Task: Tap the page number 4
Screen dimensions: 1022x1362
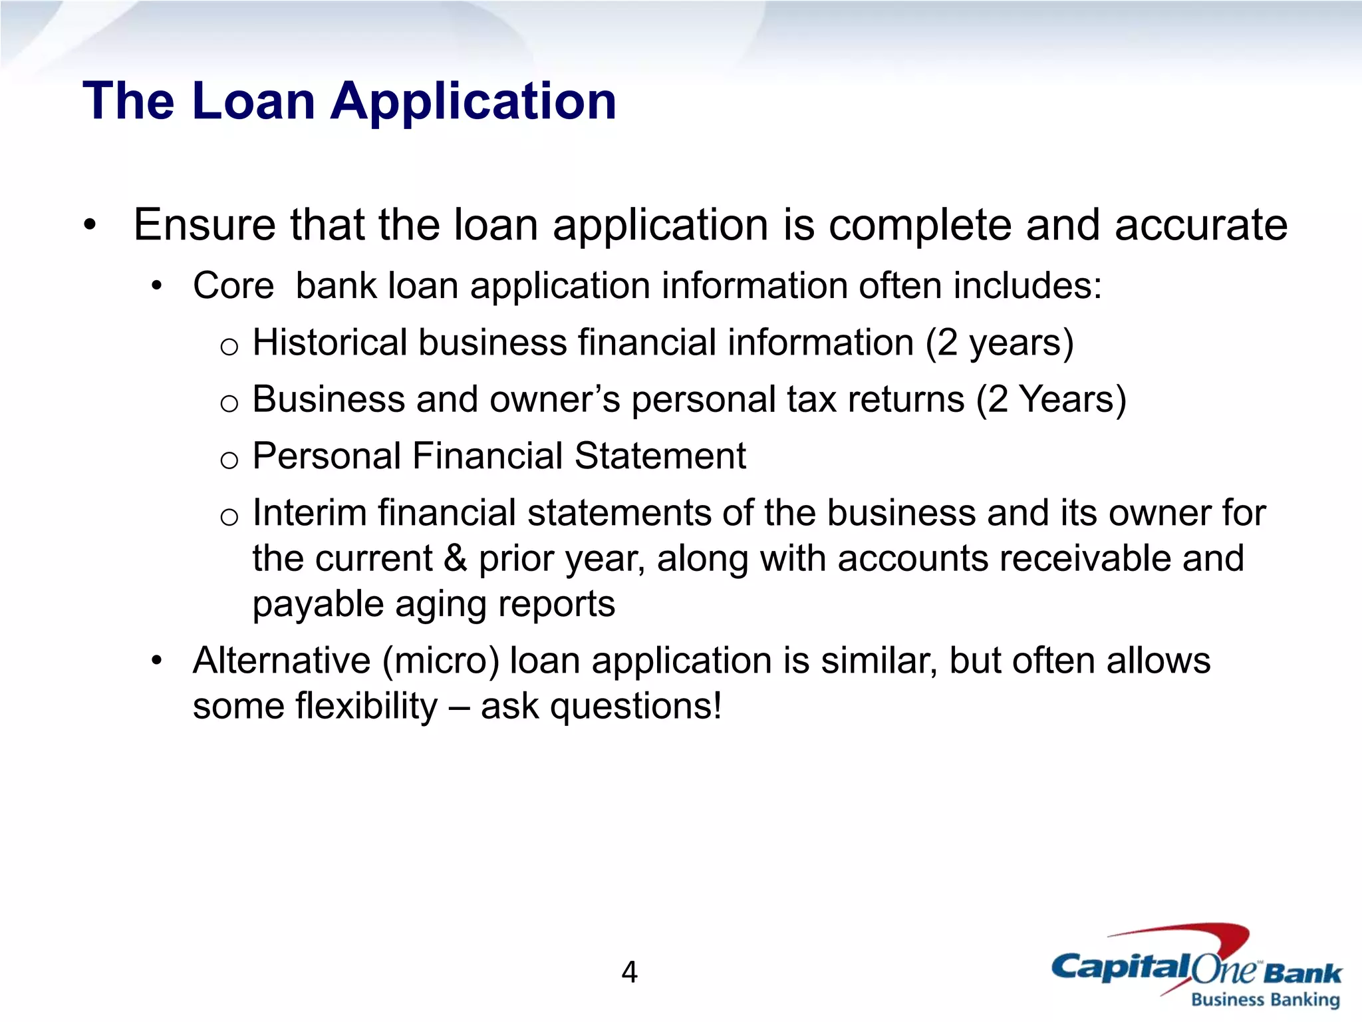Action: [629, 972]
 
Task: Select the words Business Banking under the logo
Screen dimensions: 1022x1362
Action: [1265, 1000]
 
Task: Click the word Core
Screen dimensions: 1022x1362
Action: [233, 286]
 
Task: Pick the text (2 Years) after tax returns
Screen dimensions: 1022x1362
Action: [1051, 400]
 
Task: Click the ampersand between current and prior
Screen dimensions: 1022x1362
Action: [455, 558]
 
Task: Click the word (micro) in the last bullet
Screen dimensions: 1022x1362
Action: [440, 661]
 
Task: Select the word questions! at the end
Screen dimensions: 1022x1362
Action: [636, 707]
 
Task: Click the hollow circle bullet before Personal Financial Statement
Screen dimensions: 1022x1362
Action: [229, 460]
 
